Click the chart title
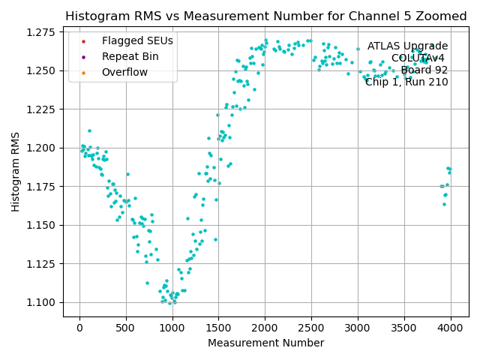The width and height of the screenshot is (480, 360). point(265,16)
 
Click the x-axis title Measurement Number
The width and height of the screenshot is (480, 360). point(265,343)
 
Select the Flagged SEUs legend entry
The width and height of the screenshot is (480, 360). point(137,40)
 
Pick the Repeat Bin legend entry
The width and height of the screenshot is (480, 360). point(130,56)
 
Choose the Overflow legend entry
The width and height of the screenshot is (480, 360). point(124,72)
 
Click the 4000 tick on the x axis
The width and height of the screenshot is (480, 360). point(451,328)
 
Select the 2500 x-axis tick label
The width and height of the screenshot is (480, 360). point(311,328)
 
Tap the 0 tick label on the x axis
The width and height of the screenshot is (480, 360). point(79,328)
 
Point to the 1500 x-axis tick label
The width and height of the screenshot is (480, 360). point(218,328)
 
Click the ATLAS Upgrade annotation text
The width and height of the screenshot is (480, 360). point(407,46)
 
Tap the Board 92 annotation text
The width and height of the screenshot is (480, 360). point(424,70)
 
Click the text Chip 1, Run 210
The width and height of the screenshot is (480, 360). point(406,82)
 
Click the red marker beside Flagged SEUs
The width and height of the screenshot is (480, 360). point(83,40)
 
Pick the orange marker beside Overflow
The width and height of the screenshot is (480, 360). point(83,72)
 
